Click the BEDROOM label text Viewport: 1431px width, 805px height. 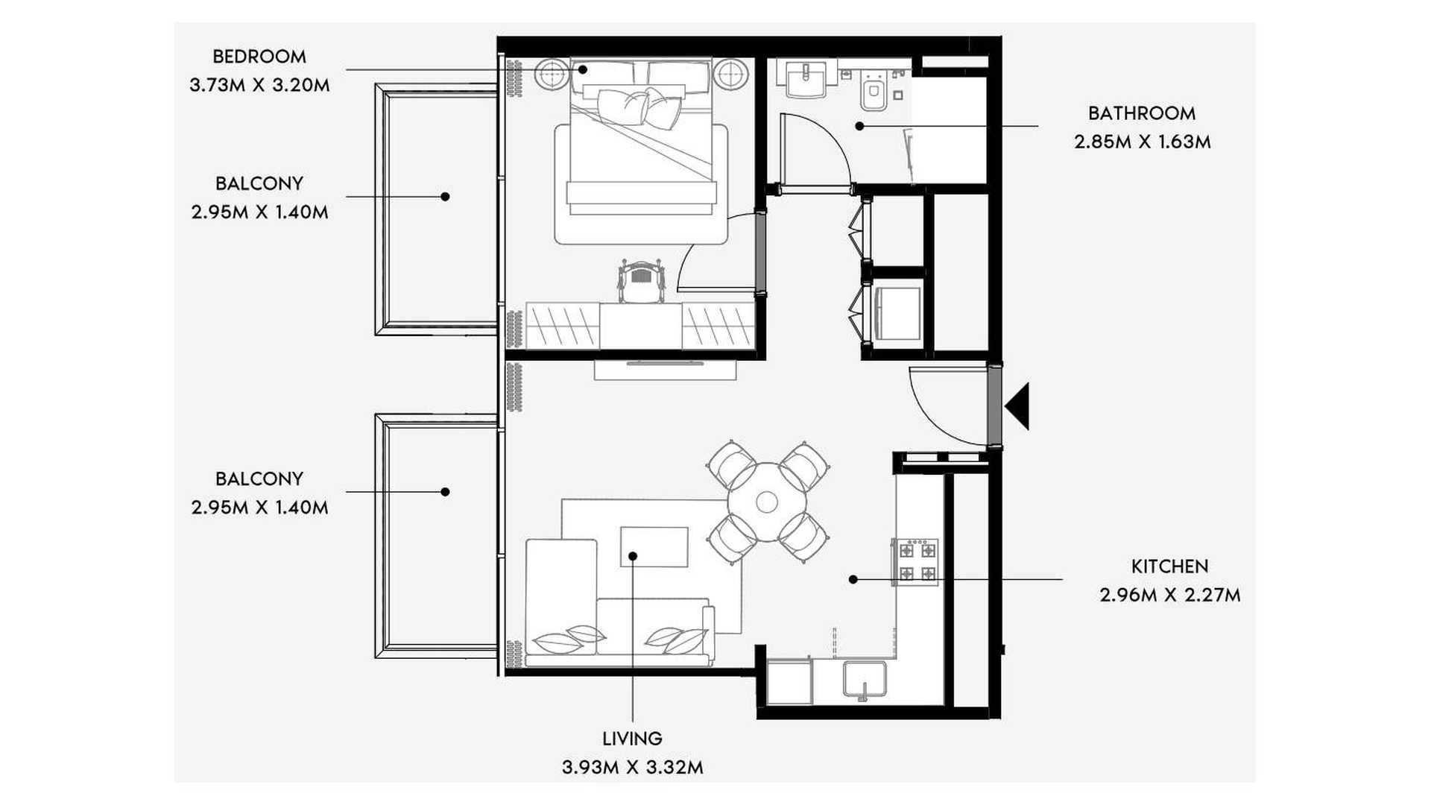click(x=259, y=57)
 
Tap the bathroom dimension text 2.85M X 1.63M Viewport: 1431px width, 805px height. click(x=1143, y=142)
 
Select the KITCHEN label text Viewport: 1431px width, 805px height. click(x=1170, y=566)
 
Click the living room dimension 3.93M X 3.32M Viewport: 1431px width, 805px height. click(x=633, y=767)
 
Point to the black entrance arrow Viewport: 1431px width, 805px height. click(x=1018, y=406)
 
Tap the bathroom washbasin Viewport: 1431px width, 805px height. click(x=805, y=78)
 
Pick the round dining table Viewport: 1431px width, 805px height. click(x=767, y=502)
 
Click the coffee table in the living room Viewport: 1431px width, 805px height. click(x=654, y=547)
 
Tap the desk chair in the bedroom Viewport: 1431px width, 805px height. click(x=640, y=281)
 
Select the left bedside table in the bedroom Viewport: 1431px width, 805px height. click(x=553, y=74)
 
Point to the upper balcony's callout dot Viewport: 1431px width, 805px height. click(x=445, y=197)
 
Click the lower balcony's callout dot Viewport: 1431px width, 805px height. click(x=445, y=492)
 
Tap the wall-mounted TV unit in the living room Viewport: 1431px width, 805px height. click(x=666, y=370)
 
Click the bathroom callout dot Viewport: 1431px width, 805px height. click(x=859, y=127)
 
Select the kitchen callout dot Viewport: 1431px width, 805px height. click(x=853, y=579)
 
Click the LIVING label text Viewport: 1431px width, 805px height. click(x=633, y=739)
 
